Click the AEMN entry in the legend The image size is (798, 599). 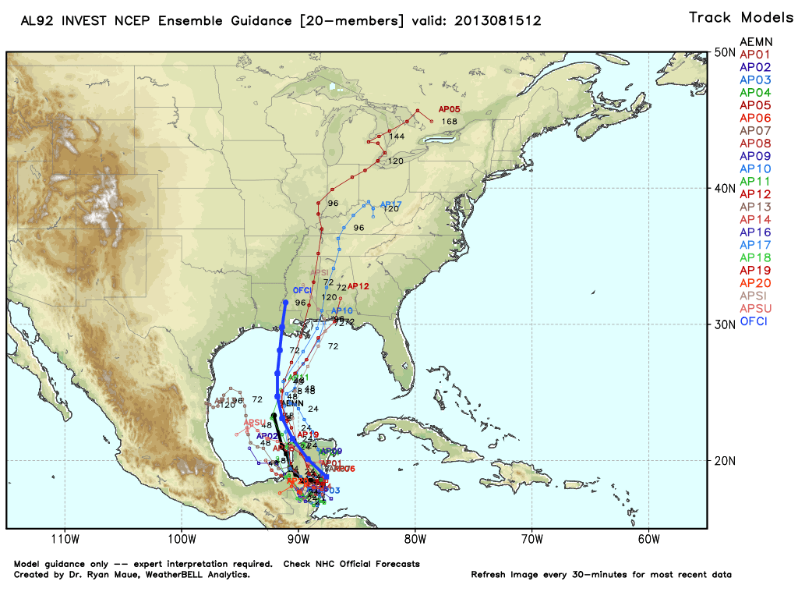755,41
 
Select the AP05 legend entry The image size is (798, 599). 755,105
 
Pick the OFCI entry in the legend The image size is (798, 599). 755,321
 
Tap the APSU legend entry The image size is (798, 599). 755,309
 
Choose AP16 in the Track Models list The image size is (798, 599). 755,232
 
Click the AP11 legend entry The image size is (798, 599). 755,182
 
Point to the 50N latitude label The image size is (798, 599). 726,53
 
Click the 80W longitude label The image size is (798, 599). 415,539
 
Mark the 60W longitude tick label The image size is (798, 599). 648,539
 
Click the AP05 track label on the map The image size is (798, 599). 450,110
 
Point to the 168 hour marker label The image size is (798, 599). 449,122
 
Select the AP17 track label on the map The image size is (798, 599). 390,205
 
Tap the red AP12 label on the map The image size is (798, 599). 358,286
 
